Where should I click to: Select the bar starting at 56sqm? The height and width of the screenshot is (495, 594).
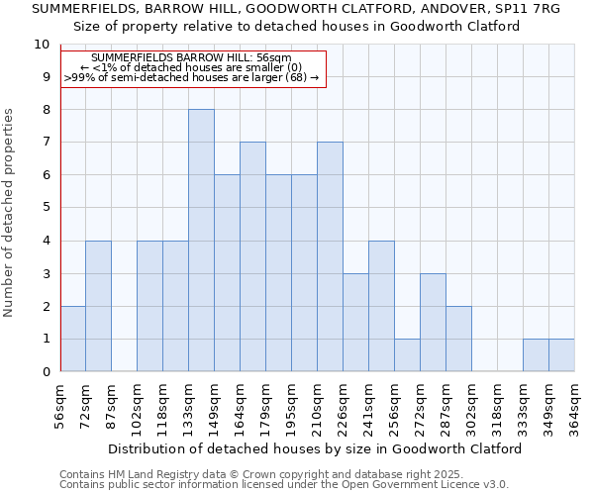click(72, 339)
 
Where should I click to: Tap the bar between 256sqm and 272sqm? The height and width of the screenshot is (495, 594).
click(407, 355)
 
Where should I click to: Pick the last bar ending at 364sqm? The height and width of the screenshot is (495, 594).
click(561, 355)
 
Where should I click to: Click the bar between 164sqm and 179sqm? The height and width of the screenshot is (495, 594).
click(252, 256)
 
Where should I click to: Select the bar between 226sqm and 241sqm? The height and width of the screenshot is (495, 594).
click(355, 322)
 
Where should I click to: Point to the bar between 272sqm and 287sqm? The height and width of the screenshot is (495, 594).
click(433, 322)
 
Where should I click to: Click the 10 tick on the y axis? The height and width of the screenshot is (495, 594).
click(42, 45)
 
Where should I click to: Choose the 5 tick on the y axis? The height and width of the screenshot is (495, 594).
click(46, 208)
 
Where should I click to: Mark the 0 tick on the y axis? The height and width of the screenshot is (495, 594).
click(46, 371)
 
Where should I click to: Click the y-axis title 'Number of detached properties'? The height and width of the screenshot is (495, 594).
click(9, 213)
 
